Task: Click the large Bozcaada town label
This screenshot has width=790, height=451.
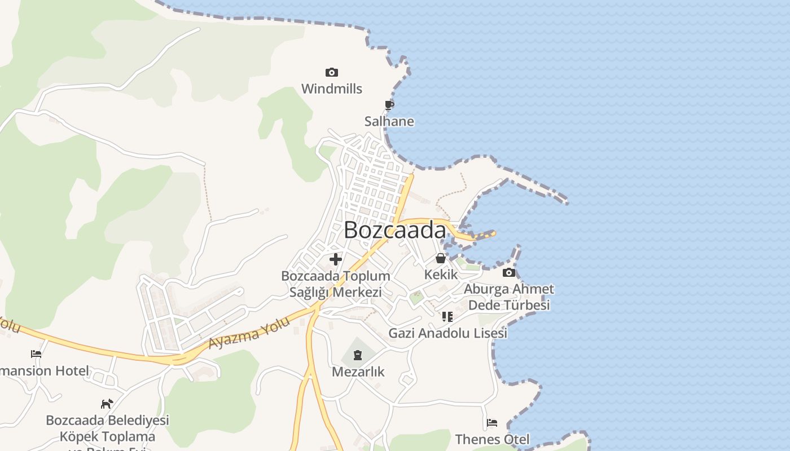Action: click(x=394, y=230)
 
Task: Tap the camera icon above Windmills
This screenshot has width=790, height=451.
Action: click(x=332, y=72)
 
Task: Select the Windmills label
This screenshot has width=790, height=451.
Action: click(x=332, y=89)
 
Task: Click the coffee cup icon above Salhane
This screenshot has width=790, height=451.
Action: click(x=389, y=105)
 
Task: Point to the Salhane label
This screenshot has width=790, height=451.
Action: click(x=389, y=121)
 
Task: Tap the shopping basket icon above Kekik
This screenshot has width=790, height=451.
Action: click(x=440, y=259)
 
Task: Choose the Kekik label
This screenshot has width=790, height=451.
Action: click(x=441, y=275)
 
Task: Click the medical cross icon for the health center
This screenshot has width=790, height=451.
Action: click(x=336, y=259)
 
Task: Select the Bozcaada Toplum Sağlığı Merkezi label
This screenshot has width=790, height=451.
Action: click(x=336, y=284)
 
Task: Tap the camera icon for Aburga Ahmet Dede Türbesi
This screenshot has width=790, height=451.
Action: click(x=508, y=273)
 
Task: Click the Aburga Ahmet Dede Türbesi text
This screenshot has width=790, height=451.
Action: click(x=509, y=297)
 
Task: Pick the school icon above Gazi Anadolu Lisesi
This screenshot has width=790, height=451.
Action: click(x=447, y=317)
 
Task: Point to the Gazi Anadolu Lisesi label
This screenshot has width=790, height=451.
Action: click(x=447, y=333)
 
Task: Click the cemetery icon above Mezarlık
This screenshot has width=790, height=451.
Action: click(x=358, y=355)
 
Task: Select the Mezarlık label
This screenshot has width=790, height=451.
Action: click(x=358, y=372)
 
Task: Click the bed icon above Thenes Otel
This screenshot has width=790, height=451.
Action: click(x=492, y=423)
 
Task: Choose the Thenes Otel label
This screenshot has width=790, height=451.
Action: click(x=492, y=439)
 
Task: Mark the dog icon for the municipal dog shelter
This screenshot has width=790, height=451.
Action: click(x=107, y=404)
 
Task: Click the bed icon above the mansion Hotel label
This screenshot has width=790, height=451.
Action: click(x=36, y=354)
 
